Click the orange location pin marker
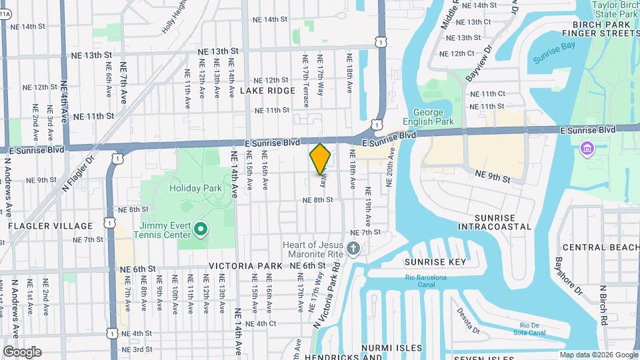pyautogui.click(x=321, y=159)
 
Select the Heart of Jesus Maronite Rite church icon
pyautogui.click(x=354, y=249)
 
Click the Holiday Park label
pyautogui.click(x=195, y=188)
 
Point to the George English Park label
pyautogui.click(x=433, y=117)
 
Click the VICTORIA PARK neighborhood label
pyautogui.click(x=245, y=265)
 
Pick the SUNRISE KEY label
pyautogui.click(x=437, y=261)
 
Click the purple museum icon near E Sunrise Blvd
pyautogui.click(x=587, y=147)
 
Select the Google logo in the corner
pyautogui.click(x=22, y=351)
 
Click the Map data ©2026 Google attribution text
pyautogui.click(x=598, y=355)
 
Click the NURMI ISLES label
pyautogui.click(x=391, y=347)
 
